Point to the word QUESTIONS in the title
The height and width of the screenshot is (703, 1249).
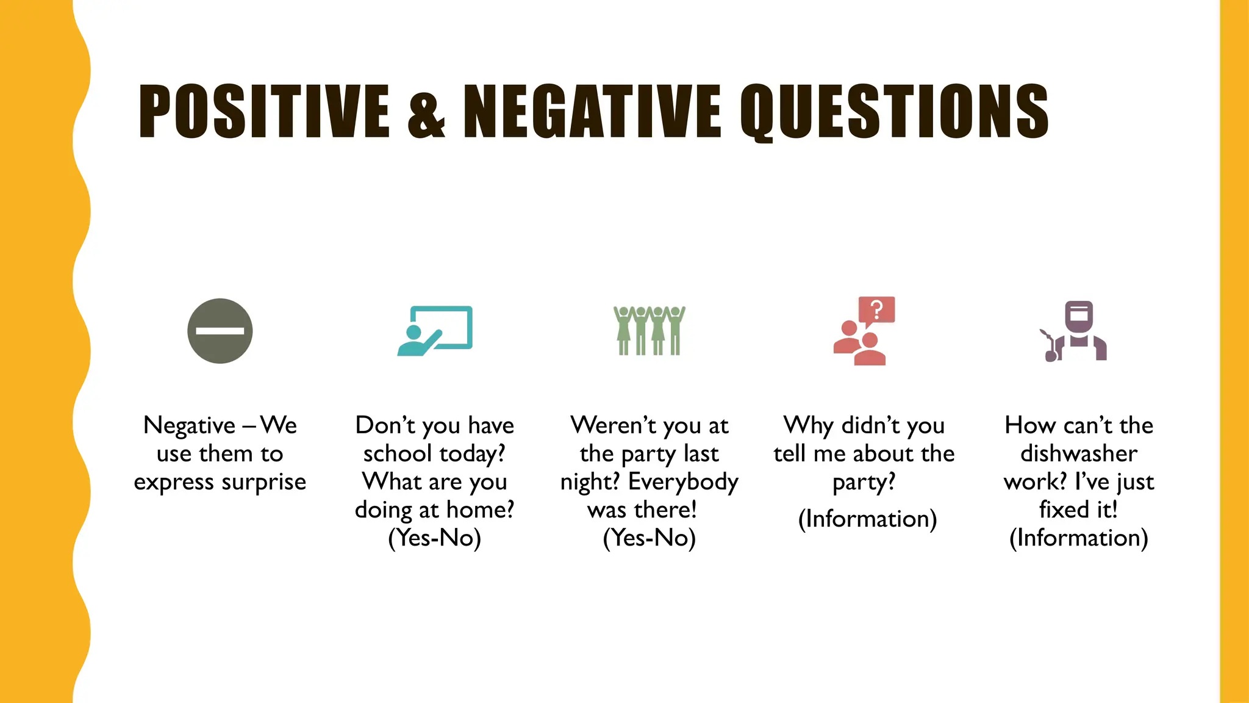895,112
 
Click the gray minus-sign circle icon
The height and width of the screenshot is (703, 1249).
220,331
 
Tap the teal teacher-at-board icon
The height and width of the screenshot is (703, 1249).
435,330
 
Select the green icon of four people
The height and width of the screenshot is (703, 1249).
650,330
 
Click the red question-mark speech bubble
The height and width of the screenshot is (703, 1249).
876,310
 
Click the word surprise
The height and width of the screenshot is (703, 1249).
263,482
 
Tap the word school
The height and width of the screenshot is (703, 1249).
398,453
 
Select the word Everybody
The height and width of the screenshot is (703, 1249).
683,481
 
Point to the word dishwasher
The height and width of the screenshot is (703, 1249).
1079,453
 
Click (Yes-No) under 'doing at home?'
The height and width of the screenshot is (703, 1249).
434,538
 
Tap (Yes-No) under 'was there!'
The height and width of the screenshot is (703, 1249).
649,538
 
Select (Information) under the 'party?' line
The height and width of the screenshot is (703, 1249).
867,519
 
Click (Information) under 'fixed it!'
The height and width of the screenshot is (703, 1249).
1078,538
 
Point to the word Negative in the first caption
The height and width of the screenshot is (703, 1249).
189,425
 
